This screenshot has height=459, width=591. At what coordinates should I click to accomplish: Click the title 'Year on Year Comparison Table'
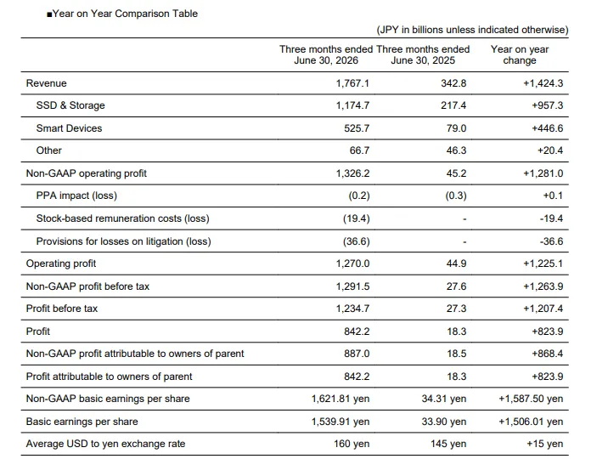point(125,14)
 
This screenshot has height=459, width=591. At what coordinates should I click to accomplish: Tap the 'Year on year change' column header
point(520,54)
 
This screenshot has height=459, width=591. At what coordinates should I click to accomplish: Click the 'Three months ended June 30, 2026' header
point(326,54)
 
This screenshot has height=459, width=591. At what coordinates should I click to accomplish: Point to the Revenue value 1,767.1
point(352,83)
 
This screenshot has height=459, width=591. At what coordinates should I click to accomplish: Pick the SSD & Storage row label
point(70,105)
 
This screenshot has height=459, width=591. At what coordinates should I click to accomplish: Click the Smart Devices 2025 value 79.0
point(457,128)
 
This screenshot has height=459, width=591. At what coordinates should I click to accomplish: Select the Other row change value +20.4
point(550,150)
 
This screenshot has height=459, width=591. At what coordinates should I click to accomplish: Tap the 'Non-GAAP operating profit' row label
point(87,173)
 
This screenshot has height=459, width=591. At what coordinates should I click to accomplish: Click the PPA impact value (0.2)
point(359,195)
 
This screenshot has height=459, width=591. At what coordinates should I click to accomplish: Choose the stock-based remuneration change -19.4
point(551,218)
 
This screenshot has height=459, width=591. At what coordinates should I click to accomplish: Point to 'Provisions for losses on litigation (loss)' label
point(124,241)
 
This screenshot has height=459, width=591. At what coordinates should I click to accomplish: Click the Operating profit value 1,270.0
point(352,263)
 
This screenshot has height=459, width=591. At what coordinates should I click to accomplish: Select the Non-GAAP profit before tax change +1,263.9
point(543,286)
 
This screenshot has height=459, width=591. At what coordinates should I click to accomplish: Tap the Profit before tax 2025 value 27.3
point(457,309)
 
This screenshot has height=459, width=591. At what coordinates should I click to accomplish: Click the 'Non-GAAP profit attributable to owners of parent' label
point(135,354)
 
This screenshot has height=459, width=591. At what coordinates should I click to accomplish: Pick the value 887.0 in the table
point(357,354)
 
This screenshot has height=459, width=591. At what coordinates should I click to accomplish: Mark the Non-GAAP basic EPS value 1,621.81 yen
point(341,399)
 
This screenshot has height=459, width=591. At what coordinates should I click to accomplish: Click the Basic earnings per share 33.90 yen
point(444,422)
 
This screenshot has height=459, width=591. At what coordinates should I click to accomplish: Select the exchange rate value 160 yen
point(352,444)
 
